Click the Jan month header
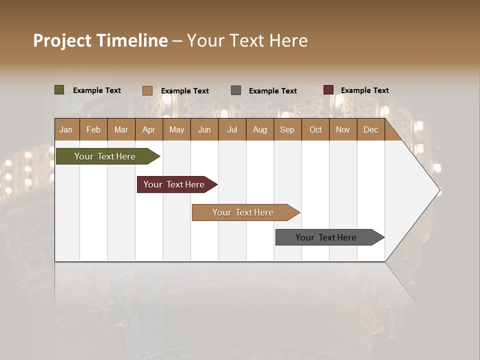pyautogui.click(x=66, y=129)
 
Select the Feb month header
pyautogui.click(x=93, y=129)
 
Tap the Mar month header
pyautogui.click(x=121, y=129)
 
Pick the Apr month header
pyautogui.click(x=149, y=129)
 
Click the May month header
pyautogui.click(x=176, y=129)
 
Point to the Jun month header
pyautogui.click(x=204, y=129)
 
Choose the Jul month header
pyautogui.click(x=232, y=129)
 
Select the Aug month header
pyautogui.click(x=260, y=129)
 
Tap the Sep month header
pyautogui.click(x=287, y=129)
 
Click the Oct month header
pyautogui.click(x=315, y=129)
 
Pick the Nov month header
pyautogui.click(x=343, y=129)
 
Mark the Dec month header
pyautogui.click(x=371, y=129)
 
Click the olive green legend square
pyautogui.click(x=59, y=90)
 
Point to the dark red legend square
pyautogui.click(x=328, y=90)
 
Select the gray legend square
pyautogui.click(x=236, y=90)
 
